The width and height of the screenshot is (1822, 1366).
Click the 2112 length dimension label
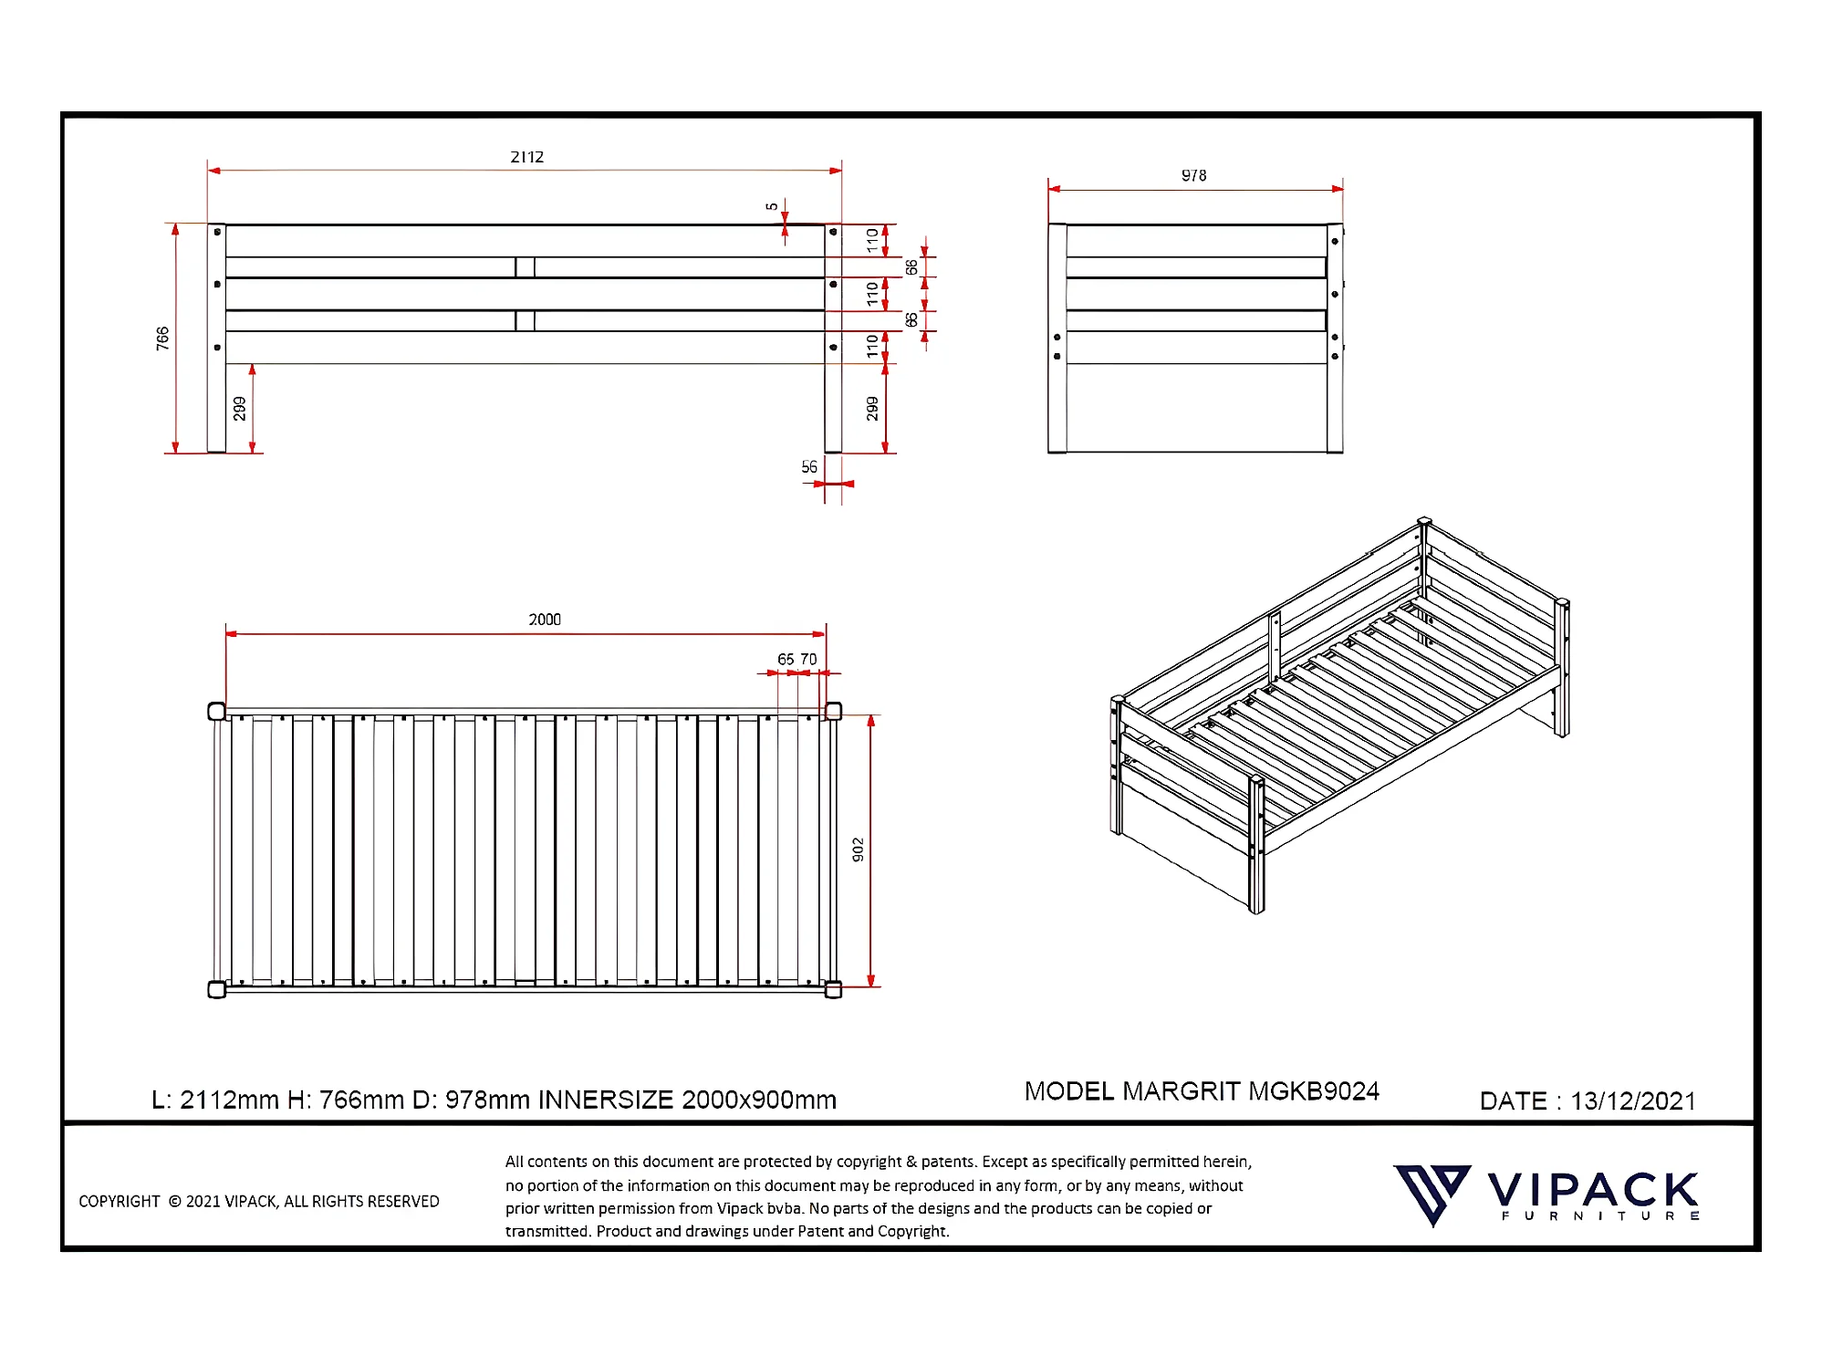coord(526,157)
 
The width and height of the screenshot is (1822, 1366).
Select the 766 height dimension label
coord(162,339)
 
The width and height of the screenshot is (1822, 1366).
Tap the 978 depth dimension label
coord(1193,175)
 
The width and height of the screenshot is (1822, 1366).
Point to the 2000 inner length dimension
coord(545,620)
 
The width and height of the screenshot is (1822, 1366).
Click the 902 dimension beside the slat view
coord(858,850)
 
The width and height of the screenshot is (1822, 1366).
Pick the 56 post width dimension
coord(809,467)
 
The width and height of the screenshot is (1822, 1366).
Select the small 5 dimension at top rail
coord(772,206)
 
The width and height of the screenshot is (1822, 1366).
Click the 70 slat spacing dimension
coord(808,659)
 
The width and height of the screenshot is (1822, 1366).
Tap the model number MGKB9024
coord(1313,1091)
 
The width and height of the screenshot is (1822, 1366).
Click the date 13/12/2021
coord(1632,1101)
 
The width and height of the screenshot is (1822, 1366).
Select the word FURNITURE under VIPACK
coord(1599,1216)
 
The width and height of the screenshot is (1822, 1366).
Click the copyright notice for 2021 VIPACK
coord(259,1202)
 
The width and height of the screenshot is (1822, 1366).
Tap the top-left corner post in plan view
coord(216,712)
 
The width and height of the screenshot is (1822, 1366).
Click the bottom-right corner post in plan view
coord(833,990)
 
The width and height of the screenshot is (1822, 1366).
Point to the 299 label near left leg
coord(239,408)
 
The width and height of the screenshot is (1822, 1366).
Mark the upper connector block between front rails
coord(525,267)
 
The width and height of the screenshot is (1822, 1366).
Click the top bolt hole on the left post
coord(217,233)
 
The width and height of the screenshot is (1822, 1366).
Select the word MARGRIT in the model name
coord(1181,1091)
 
